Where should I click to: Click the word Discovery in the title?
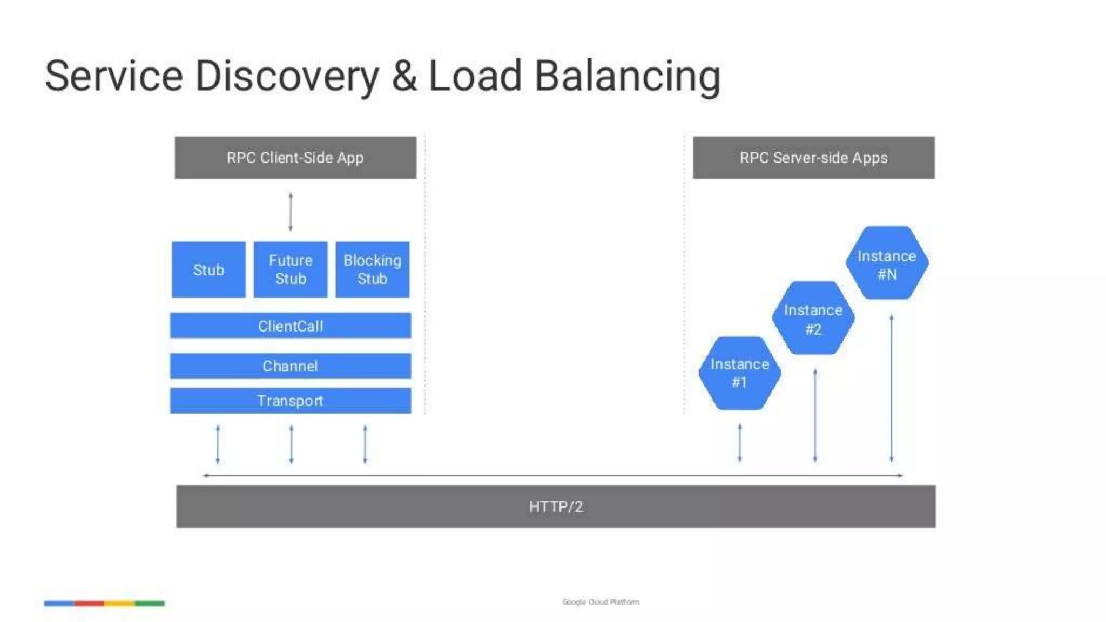pyautogui.click(x=287, y=77)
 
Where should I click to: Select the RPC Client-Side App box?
pyautogui.click(x=295, y=158)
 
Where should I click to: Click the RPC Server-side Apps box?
pyautogui.click(x=813, y=158)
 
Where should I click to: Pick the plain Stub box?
pyautogui.click(x=208, y=269)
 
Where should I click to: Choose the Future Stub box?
pyautogui.click(x=291, y=269)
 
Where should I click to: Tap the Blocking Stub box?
pyautogui.click(x=372, y=269)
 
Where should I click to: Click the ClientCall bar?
pyautogui.click(x=291, y=326)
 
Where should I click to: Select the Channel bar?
pyautogui.click(x=291, y=366)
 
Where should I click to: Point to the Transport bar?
pyautogui.click(x=291, y=401)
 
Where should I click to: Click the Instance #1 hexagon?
pyautogui.click(x=739, y=373)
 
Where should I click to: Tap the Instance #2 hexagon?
pyautogui.click(x=813, y=319)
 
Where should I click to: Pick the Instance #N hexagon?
pyautogui.click(x=887, y=264)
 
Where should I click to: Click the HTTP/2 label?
pyautogui.click(x=556, y=506)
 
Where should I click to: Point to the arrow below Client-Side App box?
pyautogui.click(x=291, y=212)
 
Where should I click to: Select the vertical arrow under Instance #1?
pyautogui.click(x=740, y=443)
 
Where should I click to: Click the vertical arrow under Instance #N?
pyautogui.click(x=892, y=389)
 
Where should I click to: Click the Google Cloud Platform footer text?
pyautogui.click(x=601, y=601)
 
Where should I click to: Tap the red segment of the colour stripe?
pyautogui.click(x=89, y=603)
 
